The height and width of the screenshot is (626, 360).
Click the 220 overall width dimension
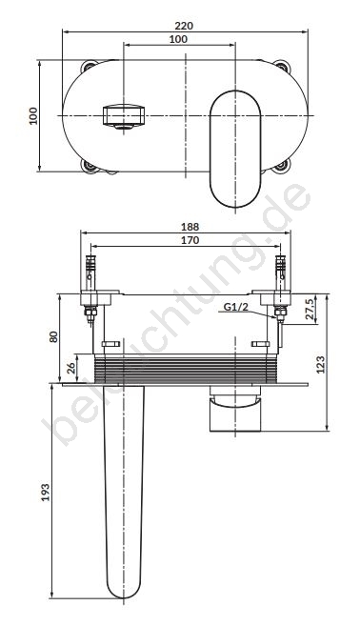[x=184, y=26]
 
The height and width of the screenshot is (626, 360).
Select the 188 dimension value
[x=190, y=227]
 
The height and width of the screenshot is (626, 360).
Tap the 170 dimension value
[x=190, y=240]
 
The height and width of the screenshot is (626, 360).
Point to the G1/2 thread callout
[x=235, y=307]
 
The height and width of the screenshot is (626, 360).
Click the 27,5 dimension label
[x=310, y=310]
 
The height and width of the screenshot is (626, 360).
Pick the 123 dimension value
[x=321, y=364]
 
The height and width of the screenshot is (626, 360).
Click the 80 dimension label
[x=53, y=336]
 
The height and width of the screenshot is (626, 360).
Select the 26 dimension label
[x=71, y=367]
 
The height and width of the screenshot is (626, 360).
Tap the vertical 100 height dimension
[x=32, y=116]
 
